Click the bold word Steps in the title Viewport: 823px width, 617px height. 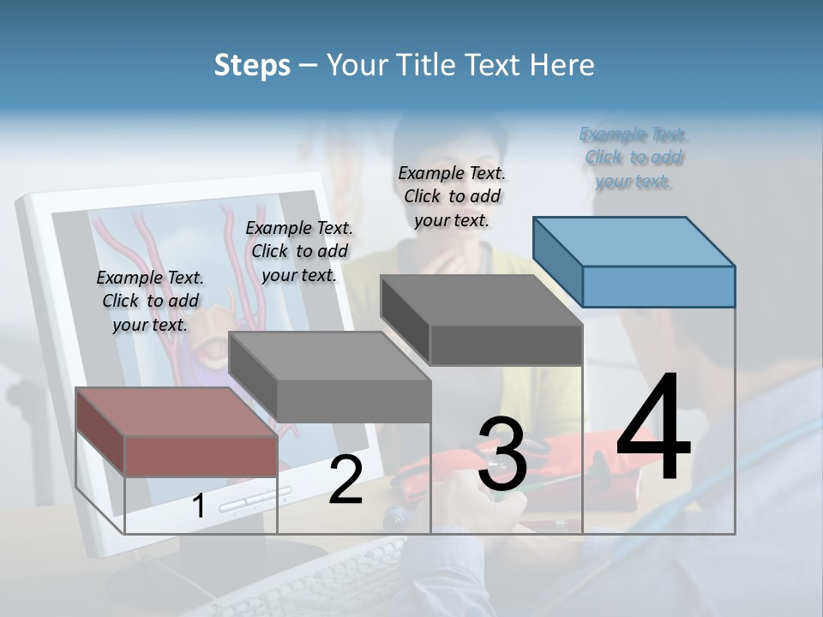(252, 65)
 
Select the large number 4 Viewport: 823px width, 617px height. (653, 428)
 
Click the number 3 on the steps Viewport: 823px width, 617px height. (502, 454)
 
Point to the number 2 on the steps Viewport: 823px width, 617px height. (345, 480)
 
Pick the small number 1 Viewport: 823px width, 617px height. (199, 506)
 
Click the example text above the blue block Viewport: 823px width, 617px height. (634, 158)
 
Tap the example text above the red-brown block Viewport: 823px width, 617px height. (150, 301)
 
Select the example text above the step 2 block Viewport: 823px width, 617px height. (299, 251)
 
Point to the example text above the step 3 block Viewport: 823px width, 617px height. (452, 196)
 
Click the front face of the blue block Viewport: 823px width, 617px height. (658, 286)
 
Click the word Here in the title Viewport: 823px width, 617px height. (564, 65)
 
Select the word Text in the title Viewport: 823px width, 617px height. (496, 65)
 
